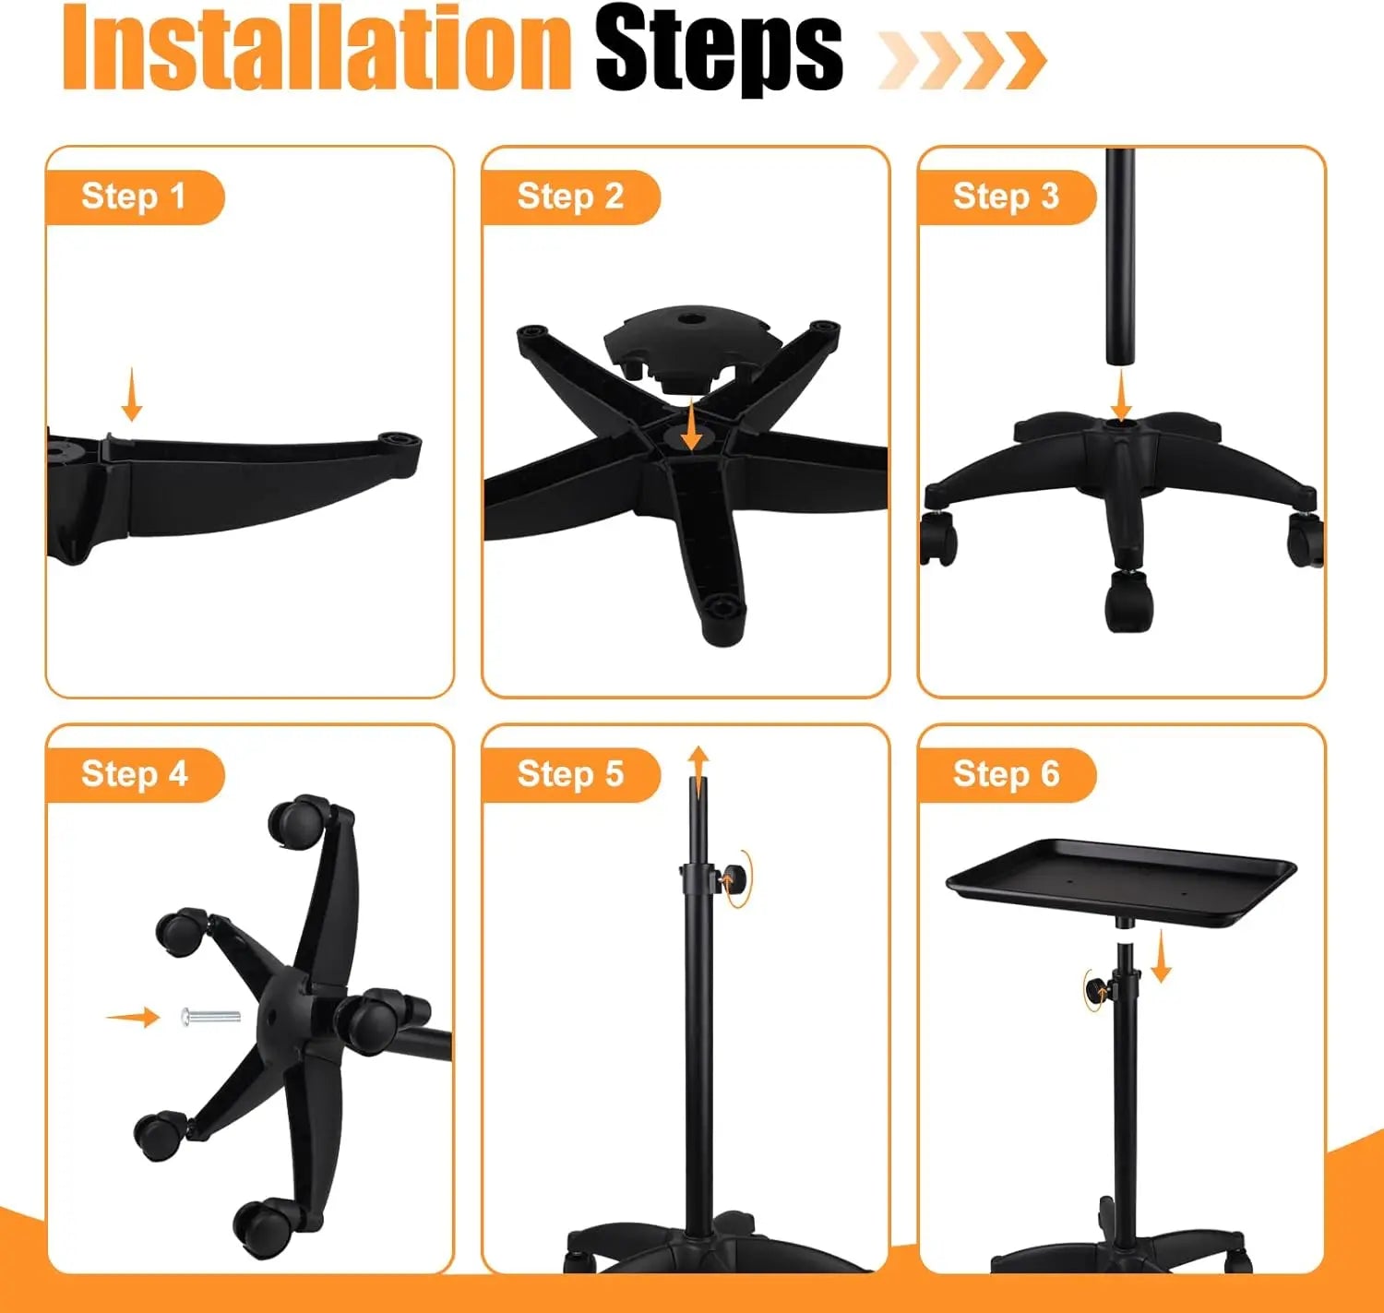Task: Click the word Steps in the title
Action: coord(718,51)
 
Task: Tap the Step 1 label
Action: coord(134,197)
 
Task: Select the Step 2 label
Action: coord(570,197)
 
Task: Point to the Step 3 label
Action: coord(1006,197)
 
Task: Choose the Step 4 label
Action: coord(134,774)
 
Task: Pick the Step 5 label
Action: coord(570,774)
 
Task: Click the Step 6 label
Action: coord(1006,774)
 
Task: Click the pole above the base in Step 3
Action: coord(1120,258)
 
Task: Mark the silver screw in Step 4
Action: coord(211,1017)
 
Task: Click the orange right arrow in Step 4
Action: coord(133,1018)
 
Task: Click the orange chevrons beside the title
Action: coord(961,60)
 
